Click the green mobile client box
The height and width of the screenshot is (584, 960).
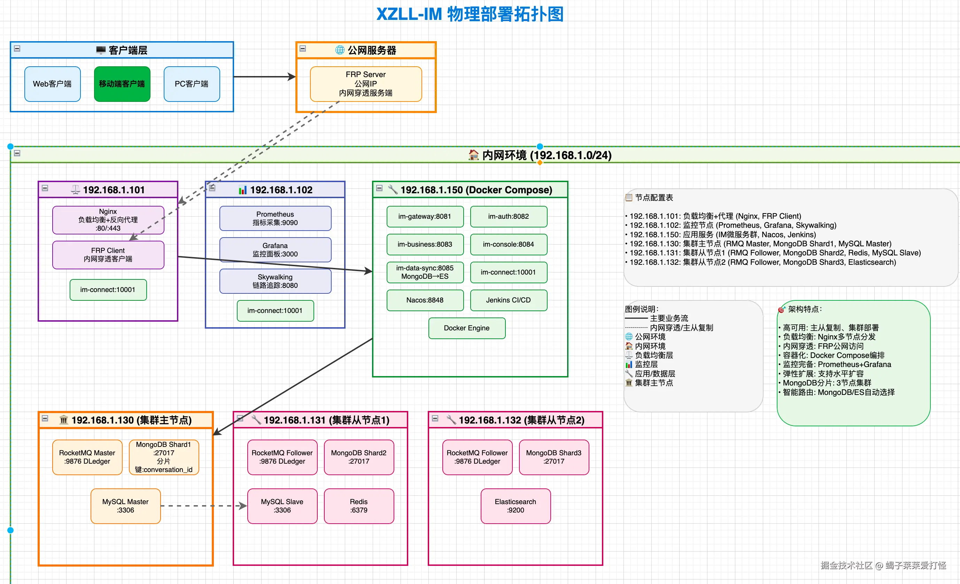(x=122, y=84)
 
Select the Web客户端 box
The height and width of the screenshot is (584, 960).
(x=53, y=84)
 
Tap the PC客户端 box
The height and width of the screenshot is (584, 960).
(x=192, y=84)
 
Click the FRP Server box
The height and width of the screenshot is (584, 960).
(x=366, y=84)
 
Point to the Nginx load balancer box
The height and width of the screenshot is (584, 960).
(x=108, y=220)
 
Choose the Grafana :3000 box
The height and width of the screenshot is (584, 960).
(x=276, y=250)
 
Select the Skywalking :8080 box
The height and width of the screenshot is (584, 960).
(x=276, y=281)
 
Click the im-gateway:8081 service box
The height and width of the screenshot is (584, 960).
(x=425, y=217)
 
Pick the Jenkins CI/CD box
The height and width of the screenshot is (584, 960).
(x=509, y=300)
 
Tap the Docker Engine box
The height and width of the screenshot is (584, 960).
(x=467, y=328)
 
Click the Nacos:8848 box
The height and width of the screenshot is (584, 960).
(x=425, y=300)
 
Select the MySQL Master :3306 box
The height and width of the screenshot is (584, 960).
(x=125, y=506)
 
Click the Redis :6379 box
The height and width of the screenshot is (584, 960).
(x=359, y=506)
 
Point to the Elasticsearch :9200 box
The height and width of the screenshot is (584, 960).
(x=516, y=506)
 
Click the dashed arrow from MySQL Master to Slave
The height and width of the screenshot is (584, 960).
(x=204, y=506)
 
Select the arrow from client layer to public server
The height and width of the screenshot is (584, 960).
(x=264, y=77)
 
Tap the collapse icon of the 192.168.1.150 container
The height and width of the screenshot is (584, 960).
(x=379, y=188)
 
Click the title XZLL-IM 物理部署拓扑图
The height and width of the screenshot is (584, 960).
(x=470, y=14)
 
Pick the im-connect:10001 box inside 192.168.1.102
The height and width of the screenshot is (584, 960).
(x=275, y=310)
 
